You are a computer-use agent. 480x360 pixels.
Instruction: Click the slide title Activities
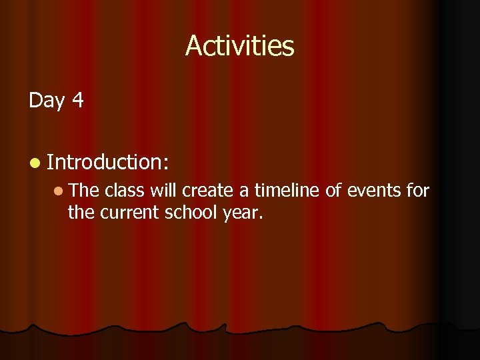[x=239, y=46]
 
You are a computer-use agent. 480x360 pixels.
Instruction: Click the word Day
[x=46, y=101]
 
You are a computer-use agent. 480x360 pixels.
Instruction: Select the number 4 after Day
[x=77, y=100]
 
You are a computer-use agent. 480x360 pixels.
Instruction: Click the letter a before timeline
[x=245, y=194]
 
